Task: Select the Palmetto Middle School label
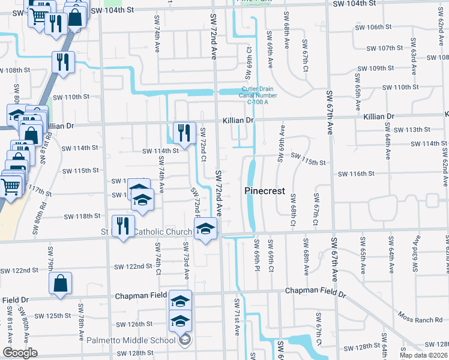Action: (x=131, y=340)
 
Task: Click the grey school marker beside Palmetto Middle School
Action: (x=185, y=340)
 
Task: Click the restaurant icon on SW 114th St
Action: (x=184, y=133)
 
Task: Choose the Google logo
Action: (x=20, y=353)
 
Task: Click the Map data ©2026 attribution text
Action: (x=424, y=355)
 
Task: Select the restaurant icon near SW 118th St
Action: (x=122, y=226)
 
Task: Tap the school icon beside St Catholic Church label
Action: (x=205, y=229)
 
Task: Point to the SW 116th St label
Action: (x=356, y=174)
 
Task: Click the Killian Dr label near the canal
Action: (x=238, y=121)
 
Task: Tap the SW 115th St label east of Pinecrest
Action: (x=308, y=163)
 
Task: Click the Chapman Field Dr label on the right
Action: (x=316, y=291)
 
